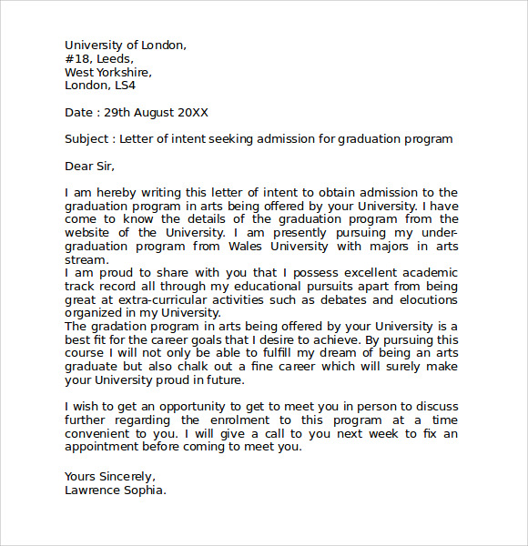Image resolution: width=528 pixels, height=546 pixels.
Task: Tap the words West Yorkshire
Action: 107,73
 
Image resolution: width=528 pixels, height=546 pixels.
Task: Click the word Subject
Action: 86,139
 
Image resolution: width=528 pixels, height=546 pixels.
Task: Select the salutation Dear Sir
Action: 89,166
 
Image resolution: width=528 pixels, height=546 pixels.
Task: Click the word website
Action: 88,233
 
